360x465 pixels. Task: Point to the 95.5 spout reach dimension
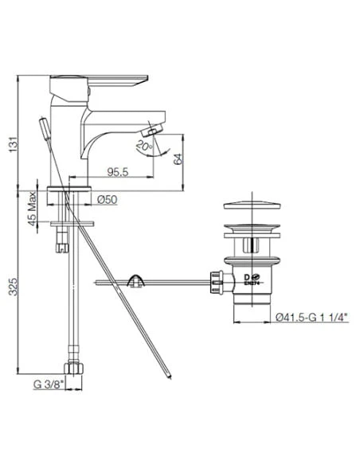pyautogui.click(x=119, y=171)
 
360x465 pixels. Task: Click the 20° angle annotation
pyautogui.click(x=143, y=146)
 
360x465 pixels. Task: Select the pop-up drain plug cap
pyautogui.click(x=251, y=212)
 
